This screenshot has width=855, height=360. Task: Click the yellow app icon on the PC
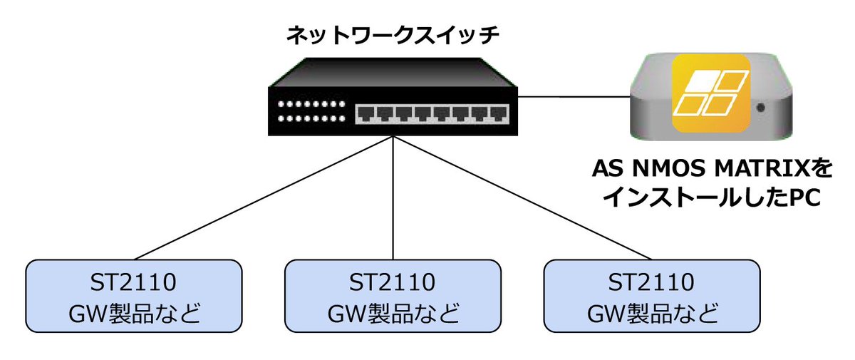click(710, 97)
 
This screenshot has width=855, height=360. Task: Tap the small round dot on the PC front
click(762, 108)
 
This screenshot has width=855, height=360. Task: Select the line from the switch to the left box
click(264, 197)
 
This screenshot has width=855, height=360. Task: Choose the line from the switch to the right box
click(524, 197)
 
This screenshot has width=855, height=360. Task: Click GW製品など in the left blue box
click(133, 313)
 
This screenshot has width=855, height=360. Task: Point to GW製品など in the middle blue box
click(393, 313)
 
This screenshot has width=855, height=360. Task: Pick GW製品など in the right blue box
click(651, 313)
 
